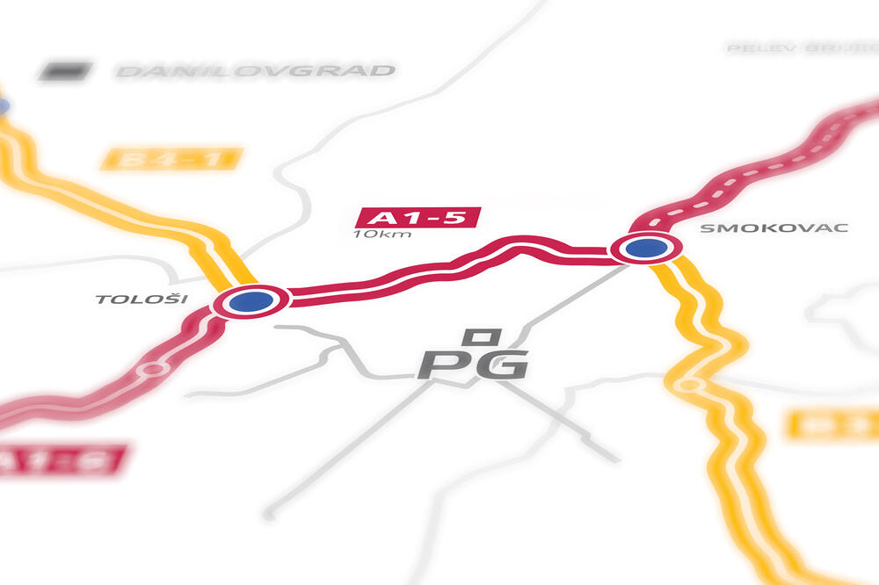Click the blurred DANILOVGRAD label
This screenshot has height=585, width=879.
tap(256, 70)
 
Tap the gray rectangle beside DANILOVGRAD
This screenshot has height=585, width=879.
tap(65, 69)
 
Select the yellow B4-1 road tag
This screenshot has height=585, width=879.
tap(171, 159)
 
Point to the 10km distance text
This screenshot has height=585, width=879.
tap(381, 235)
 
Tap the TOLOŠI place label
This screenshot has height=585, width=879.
tap(142, 299)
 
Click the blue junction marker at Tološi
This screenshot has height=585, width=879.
tap(251, 301)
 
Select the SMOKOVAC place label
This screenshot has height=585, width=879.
tap(774, 228)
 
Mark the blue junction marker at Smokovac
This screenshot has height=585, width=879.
tap(646, 248)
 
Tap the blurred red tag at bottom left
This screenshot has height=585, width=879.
tap(62, 460)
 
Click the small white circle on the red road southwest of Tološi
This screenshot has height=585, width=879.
tap(153, 369)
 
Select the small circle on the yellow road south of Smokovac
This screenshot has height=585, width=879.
tap(688, 384)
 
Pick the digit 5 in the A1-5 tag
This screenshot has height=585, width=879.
tap(456, 217)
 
